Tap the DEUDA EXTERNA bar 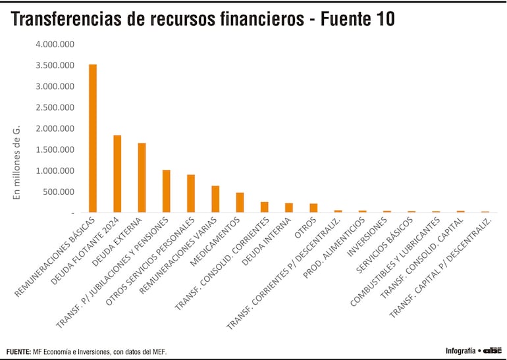coord(142,178)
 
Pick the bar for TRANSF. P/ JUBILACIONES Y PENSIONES coord(166,191)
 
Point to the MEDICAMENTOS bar coord(240,202)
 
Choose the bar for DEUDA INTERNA coord(288,207)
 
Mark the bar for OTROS coord(313,208)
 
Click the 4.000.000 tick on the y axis coord(55,44)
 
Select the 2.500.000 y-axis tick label coord(55,107)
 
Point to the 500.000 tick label coord(60,192)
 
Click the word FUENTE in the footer coord(18,351)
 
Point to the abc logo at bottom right coord(493,350)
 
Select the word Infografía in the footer coord(460,351)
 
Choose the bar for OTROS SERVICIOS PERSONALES coord(191,193)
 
